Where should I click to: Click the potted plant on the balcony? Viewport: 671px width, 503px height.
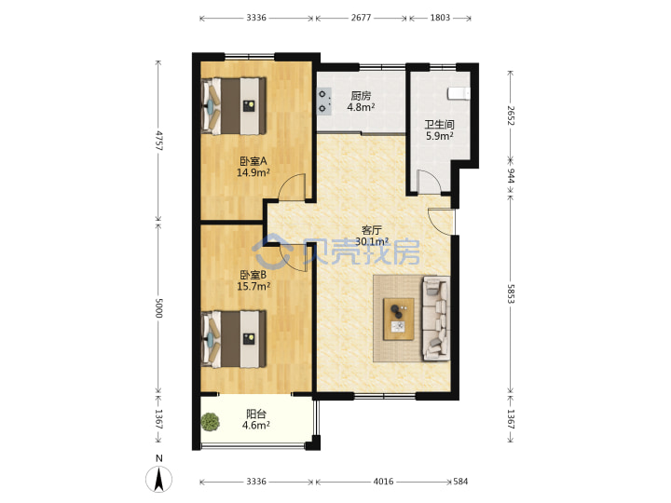coord(210,422)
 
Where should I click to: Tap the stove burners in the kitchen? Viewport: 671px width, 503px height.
coord(324,101)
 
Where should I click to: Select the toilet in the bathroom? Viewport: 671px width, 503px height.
coord(459,94)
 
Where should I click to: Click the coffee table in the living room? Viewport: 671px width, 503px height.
coord(399,319)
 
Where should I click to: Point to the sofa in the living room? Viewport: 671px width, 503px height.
coord(436,319)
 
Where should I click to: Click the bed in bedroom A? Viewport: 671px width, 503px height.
coord(234,105)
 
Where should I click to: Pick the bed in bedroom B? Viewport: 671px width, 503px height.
coord(234,339)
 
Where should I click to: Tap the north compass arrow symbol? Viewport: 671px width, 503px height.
coord(159,479)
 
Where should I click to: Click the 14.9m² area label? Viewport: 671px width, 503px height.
coord(253,173)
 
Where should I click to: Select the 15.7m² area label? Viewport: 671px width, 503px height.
coord(253,286)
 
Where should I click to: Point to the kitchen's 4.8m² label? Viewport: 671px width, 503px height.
coord(361,107)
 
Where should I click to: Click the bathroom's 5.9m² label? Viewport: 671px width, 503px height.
coord(440,136)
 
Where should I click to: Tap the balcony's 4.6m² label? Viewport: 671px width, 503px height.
coord(256,425)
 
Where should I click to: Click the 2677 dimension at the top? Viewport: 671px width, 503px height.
coord(362,18)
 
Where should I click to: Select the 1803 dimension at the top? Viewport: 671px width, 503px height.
coord(440,18)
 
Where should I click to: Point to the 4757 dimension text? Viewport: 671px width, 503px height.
coord(159,141)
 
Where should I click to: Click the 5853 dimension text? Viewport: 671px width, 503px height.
coord(511,293)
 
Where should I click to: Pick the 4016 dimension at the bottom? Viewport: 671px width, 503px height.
coord(383,482)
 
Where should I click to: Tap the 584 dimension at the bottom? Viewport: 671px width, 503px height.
coord(460,482)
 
